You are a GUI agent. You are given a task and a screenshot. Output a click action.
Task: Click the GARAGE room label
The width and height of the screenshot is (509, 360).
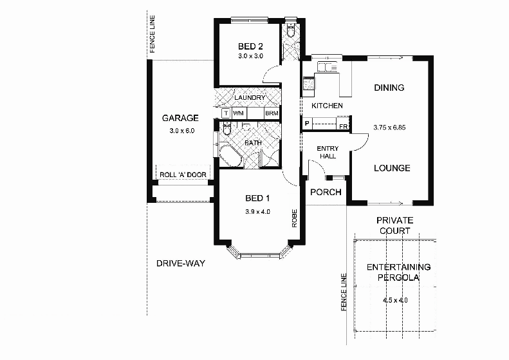180,118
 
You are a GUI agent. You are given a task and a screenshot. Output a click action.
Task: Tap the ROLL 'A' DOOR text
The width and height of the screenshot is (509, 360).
183,175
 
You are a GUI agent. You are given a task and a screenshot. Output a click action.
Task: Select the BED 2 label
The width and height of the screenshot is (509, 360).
250,46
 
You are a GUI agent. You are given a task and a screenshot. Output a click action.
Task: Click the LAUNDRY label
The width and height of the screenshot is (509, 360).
250,98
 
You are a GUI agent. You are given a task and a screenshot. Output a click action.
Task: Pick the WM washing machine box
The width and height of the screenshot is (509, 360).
238,113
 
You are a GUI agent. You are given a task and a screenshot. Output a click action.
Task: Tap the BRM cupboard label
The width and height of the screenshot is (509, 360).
271,113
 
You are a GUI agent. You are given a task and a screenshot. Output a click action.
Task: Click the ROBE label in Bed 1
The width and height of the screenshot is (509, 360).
294,218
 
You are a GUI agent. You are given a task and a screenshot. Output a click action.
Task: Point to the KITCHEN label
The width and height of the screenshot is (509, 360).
327,106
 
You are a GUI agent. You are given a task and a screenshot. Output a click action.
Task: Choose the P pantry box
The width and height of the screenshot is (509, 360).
307,124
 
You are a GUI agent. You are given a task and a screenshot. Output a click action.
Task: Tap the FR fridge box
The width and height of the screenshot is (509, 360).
343,126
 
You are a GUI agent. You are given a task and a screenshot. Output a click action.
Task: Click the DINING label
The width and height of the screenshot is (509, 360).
389,88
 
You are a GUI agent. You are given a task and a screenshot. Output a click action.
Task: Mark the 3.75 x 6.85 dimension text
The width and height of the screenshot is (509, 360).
391,127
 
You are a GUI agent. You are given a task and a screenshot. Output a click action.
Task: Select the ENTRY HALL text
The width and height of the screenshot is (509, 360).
328,153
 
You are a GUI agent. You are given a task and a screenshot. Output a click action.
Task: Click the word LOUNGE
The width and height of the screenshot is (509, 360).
392,169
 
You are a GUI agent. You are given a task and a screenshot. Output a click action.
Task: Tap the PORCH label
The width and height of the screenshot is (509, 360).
326,193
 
